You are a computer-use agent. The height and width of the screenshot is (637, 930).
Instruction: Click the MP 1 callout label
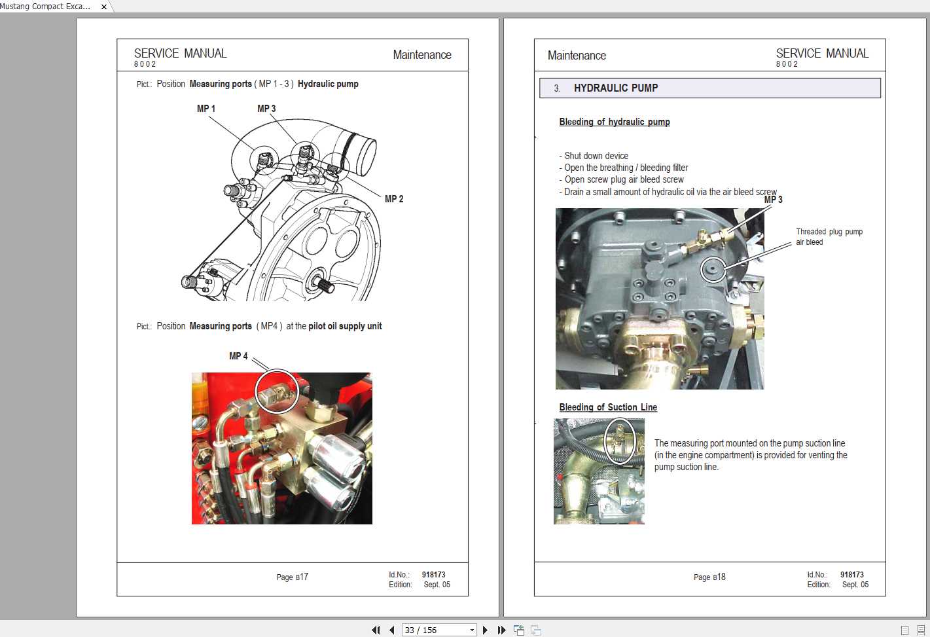[x=206, y=109]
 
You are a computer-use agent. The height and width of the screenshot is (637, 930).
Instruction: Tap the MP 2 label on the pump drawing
[x=394, y=199]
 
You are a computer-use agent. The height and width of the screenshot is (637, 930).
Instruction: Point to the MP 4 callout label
[x=238, y=356]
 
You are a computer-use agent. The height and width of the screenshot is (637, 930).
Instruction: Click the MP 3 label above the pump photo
[x=774, y=200]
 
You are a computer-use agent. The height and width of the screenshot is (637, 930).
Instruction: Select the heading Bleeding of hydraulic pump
[x=615, y=122]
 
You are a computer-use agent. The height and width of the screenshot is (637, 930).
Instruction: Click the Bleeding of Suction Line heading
[x=608, y=407]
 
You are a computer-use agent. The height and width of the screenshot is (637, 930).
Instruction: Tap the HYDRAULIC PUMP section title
[x=616, y=88]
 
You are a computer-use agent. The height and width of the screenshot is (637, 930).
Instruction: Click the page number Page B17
[x=293, y=577]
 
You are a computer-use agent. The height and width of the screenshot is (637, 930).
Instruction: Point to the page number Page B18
[x=709, y=577]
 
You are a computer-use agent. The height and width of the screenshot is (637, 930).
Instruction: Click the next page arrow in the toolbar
[x=485, y=630]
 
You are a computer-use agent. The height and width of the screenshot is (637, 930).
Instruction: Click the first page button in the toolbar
[x=376, y=630]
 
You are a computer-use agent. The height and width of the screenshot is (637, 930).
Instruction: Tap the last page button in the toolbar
[x=501, y=630]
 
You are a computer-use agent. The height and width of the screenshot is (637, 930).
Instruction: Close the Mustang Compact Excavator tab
[x=104, y=7]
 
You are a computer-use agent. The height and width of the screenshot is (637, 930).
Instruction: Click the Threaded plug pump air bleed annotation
[x=829, y=237]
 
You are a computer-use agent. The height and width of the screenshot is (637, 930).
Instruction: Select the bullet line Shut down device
[x=594, y=156]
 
